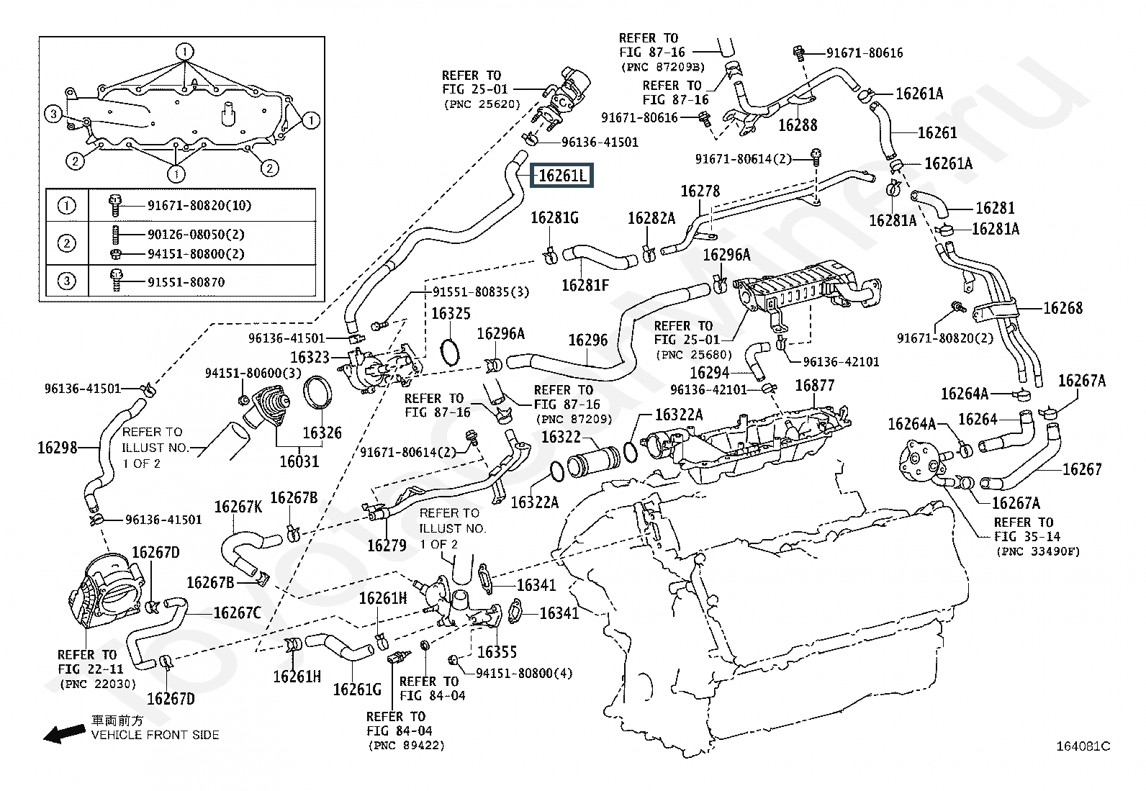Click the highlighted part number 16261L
click(x=561, y=176)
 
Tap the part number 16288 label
click(x=798, y=125)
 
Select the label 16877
click(x=814, y=385)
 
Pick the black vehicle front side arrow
click(x=65, y=734)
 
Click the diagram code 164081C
click(x=1083, y=746)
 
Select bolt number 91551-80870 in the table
click(x=186, y=282)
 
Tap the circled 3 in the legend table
click(x=66, y=281)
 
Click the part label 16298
click(x=58, y=448)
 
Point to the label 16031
click(x=299, y=461)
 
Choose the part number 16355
click(x=497, y=652)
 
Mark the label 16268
click(x=1062, y=308)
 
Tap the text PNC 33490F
click(x=1038, y=551)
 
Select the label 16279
click(x=387, y=546)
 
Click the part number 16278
click(x=700, y=191)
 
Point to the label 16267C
click(x=237, y=613)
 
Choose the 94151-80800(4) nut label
click(x=524, y=674)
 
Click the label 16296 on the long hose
click(x=588, y=340)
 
